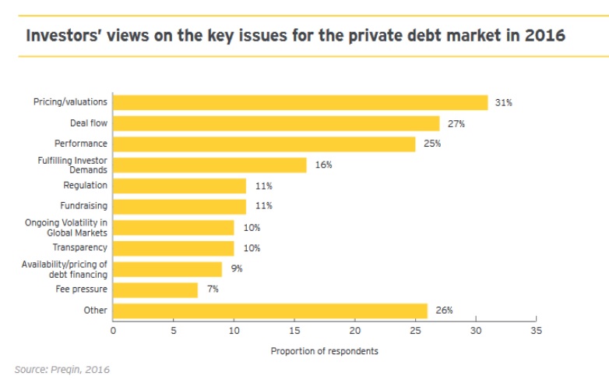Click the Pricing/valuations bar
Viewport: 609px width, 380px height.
(x=300, y=102)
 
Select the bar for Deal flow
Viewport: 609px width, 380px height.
(x=276, y=123)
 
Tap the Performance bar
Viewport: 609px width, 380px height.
(x=264, y=144)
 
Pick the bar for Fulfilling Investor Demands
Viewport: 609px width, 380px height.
(x=209, y=165)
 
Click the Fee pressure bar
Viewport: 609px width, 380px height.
(x=155, y=289)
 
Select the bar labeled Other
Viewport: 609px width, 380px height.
(x=269, y=311)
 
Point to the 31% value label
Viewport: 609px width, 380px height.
(x=504, y=103)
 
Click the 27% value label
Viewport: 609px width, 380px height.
(x=456, y=123)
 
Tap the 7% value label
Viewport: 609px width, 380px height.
(x=213, y=289)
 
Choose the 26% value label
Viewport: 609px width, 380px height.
(x=444, y=311)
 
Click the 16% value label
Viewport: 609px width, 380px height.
(x=323, y=165)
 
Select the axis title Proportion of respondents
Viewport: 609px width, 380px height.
(x=324, y=351)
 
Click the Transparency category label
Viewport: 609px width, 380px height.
(x=79, y=248)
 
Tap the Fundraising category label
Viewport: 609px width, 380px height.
(x=83, y=206)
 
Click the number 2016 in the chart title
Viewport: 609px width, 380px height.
(x=542, y=36)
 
